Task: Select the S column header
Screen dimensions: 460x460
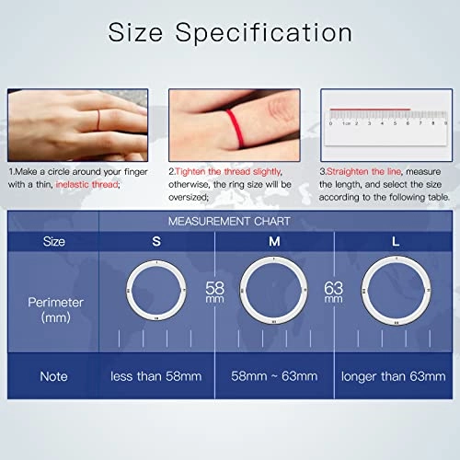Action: coord(156,241)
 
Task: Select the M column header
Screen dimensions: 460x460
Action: coord(273,241)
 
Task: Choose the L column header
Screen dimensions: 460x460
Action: coord(395,241)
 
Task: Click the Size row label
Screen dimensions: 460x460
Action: coord(53,242)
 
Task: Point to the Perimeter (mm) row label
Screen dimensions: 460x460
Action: coord(53,308)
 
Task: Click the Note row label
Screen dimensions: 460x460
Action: coord(53,376)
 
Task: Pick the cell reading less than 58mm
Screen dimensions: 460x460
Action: coord(156,376)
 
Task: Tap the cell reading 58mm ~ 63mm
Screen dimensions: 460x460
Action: coord(273,376)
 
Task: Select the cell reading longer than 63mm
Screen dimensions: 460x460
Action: coord(395,376)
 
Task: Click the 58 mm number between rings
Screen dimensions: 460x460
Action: coord(215,292)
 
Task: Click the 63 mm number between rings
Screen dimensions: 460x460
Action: coord(334,292)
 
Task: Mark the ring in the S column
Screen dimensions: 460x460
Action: coord(156,292)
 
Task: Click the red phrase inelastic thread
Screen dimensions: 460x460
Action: coord(87,184)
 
